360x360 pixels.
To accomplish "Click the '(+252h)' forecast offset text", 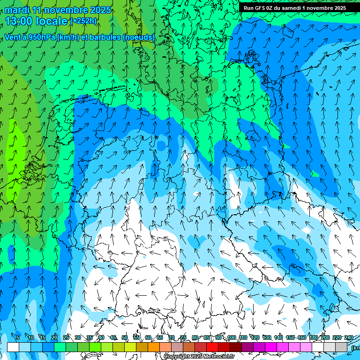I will tap(83, 21).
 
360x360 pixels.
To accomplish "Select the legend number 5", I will tap(18, 337).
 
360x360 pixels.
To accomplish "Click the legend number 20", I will tap(54, 337).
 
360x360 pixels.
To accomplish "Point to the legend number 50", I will tap(125, 337).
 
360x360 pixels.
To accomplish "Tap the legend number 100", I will tap(232, 337).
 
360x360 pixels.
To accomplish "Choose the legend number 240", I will tap(348, 337).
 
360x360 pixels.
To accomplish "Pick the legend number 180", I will tap(313, 337).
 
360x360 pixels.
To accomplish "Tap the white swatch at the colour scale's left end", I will tap(13, 347).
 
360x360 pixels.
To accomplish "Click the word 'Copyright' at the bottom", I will tap(177, 357).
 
